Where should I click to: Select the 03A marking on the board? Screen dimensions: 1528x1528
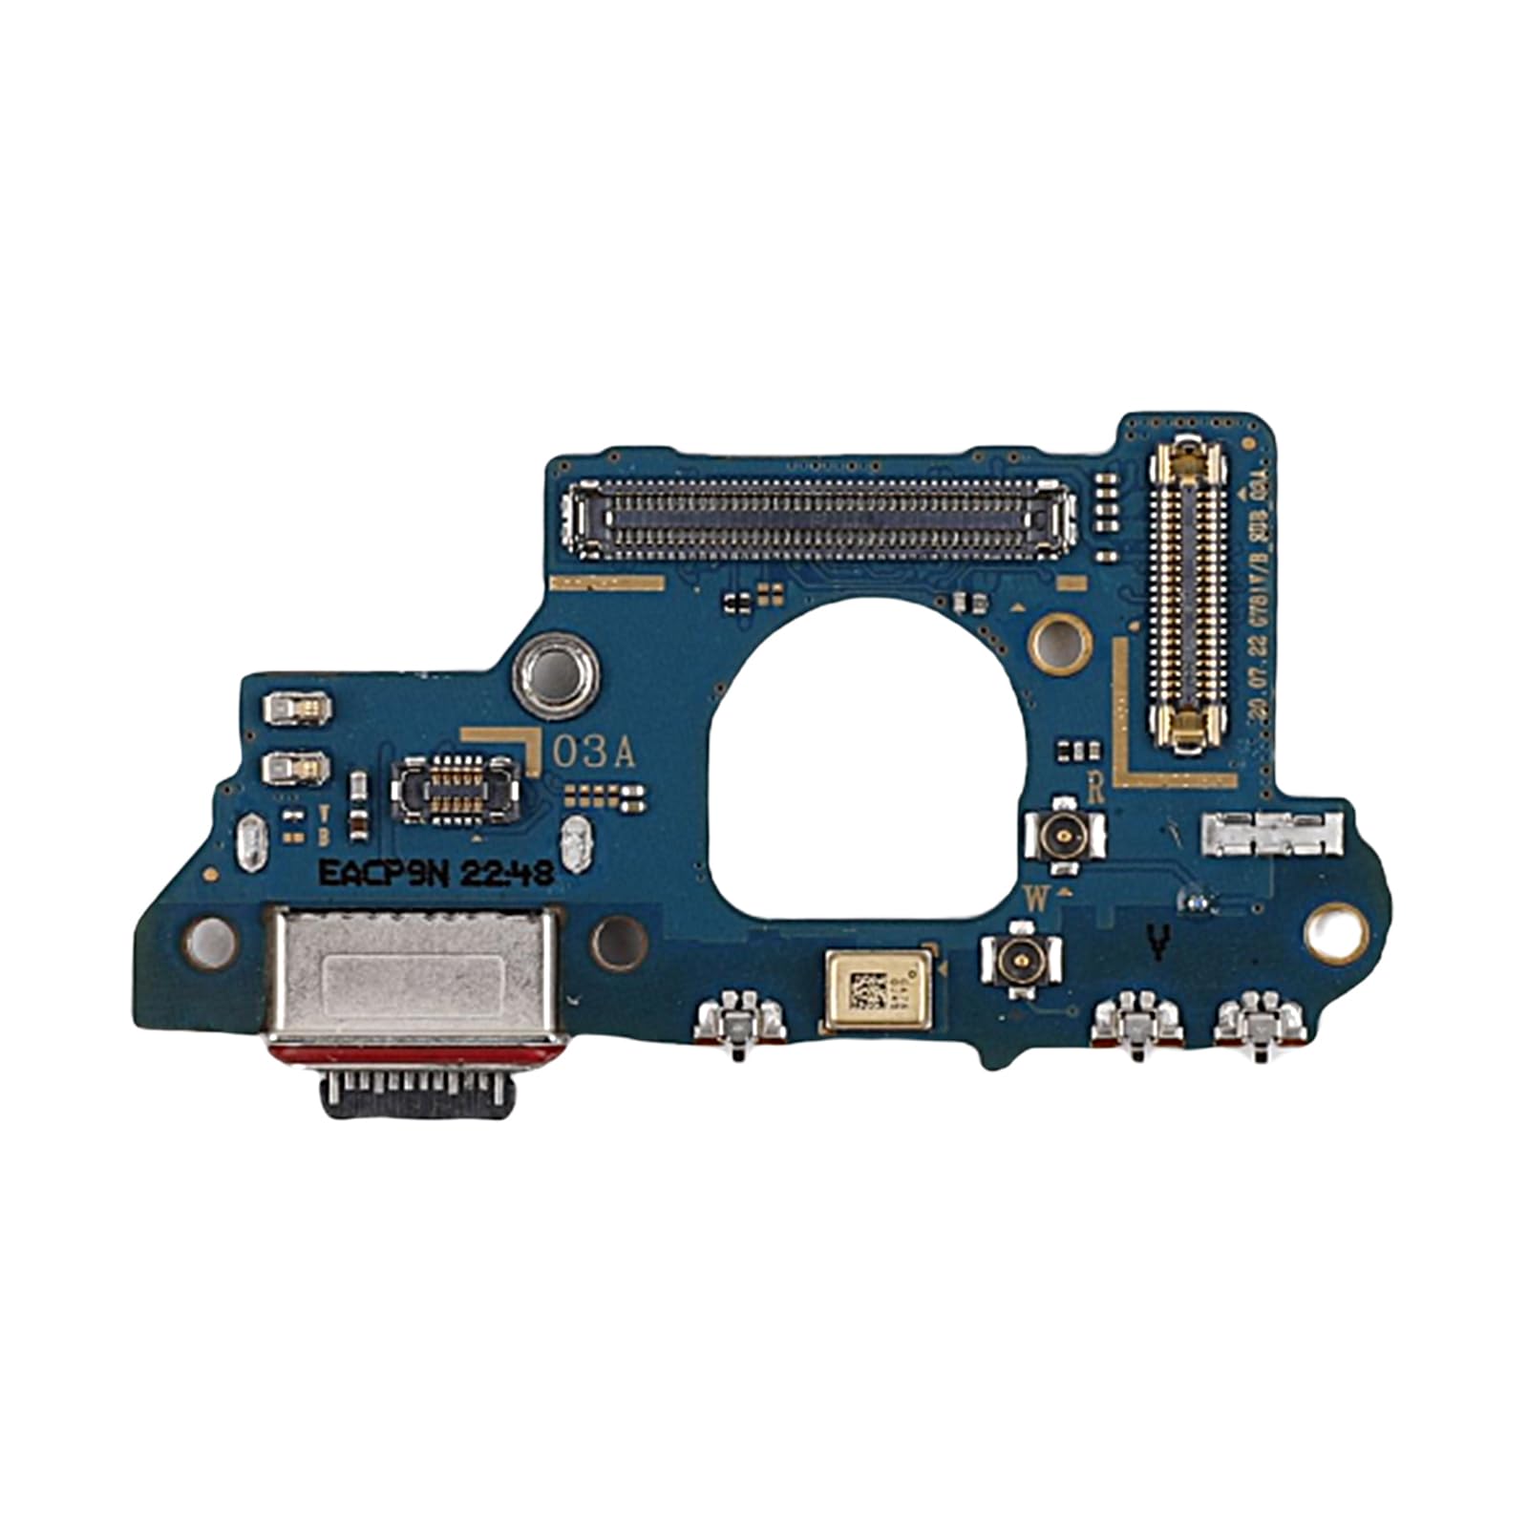(594, 753)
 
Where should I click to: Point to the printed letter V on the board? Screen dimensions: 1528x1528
(1157, 944)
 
